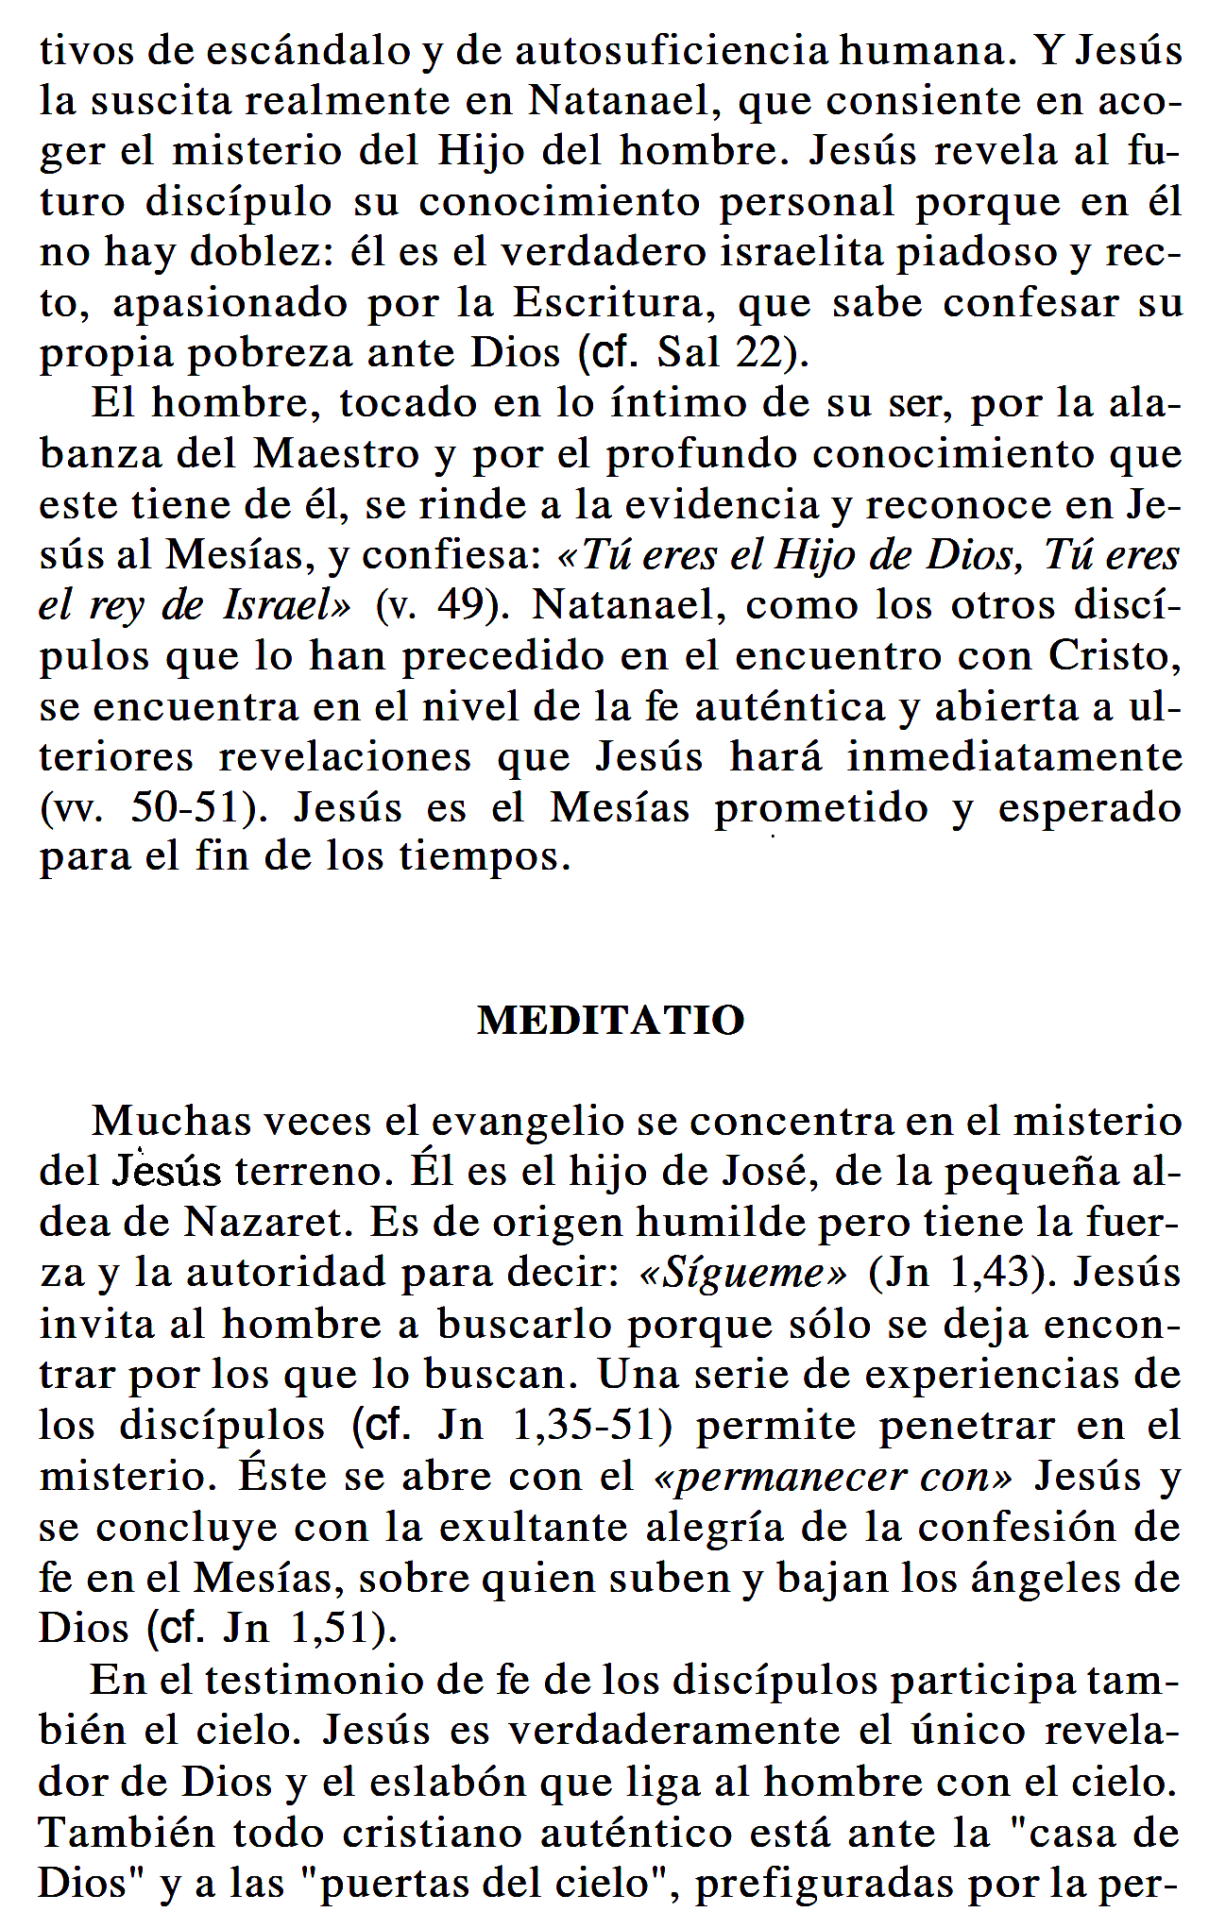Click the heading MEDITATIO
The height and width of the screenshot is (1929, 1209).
[611, 1021]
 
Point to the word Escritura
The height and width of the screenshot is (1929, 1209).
[608, 303]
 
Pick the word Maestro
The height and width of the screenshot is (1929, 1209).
[336, 454]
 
